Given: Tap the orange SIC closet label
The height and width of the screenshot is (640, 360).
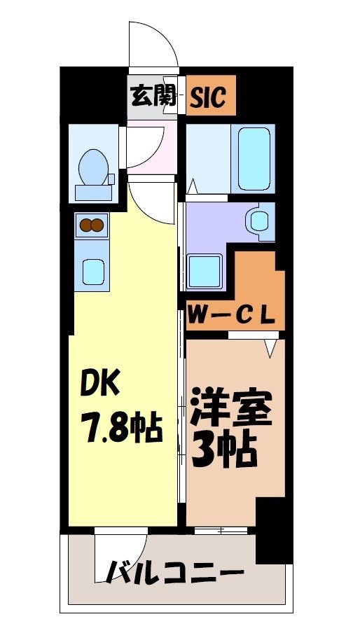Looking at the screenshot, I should (x=209, y=97).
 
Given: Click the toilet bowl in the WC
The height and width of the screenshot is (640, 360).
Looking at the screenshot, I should (x=93, y=166).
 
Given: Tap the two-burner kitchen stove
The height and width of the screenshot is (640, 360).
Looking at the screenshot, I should (x=92, y=225).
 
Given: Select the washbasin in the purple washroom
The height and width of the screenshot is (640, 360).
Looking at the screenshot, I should (x=257, y=221).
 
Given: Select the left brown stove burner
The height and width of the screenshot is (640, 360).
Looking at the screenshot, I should (x=86, y=225).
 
